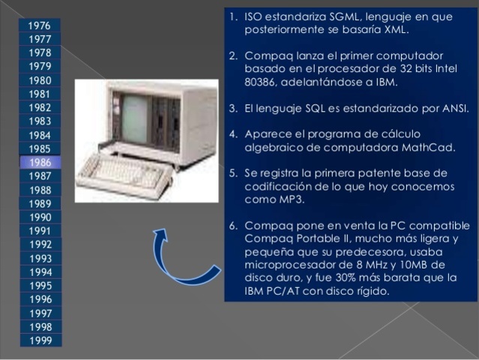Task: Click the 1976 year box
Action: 40,25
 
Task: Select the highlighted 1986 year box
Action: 40,162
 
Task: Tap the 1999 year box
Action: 40,340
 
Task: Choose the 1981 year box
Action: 40,94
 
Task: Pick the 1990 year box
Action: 40,217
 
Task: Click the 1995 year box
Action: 40,286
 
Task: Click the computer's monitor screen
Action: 135,118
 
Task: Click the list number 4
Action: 233,135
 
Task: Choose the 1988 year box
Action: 40,190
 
